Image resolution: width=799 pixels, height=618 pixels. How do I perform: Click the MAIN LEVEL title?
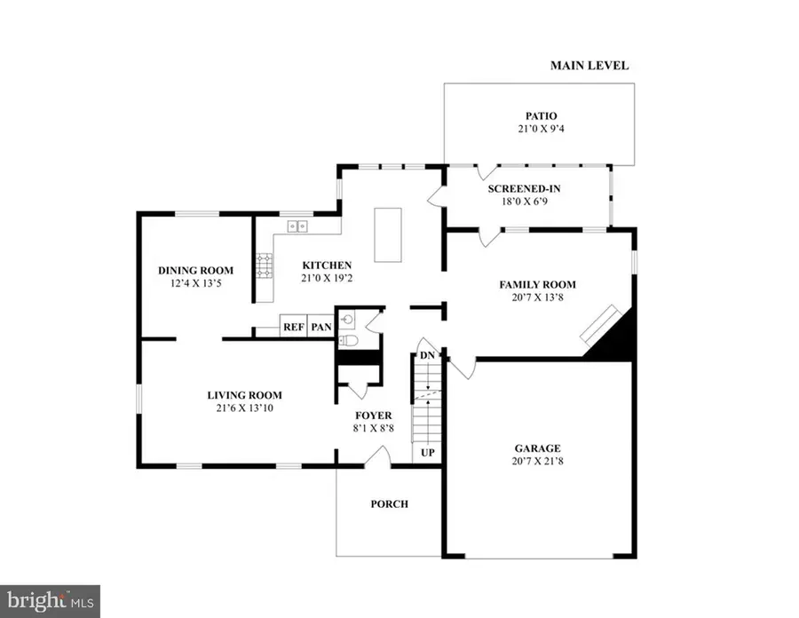pos(589,66)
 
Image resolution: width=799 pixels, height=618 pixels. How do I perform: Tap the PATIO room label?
pos(539,115)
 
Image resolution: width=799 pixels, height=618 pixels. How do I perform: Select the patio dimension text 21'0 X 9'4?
pos(539,130)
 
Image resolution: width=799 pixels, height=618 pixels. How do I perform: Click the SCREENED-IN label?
pos(525,188)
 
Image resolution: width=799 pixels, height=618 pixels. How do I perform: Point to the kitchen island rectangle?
pos(388,234)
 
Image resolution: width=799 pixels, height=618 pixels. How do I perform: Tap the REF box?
pos(294,327)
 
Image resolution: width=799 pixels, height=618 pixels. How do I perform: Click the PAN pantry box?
pos(320,327)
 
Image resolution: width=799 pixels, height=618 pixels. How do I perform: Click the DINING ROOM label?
pos(195,271)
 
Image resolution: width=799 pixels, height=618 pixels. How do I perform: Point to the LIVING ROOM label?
pos(244,395)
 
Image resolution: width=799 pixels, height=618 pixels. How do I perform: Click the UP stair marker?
pos(427,453)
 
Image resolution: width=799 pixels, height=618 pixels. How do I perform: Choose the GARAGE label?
pos(538,448)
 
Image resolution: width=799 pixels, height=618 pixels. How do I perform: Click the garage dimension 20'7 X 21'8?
pos(538,463)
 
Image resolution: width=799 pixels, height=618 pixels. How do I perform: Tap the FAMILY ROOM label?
pos(537,285)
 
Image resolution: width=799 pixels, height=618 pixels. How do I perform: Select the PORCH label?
pos(389,503)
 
